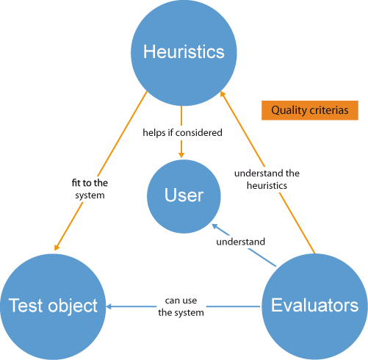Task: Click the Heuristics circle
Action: tap(183, 51)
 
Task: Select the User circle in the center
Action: tap(183, 195)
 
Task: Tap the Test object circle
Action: tap(52, 306)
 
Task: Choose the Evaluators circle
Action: tap(314, 306)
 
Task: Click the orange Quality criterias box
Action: tap(309, 110)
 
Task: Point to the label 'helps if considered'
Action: tap(183, 133)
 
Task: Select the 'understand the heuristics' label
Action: tap(267, 179)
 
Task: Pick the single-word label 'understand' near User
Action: tap(240, 241)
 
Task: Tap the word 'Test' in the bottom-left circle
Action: tap(23, 306)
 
